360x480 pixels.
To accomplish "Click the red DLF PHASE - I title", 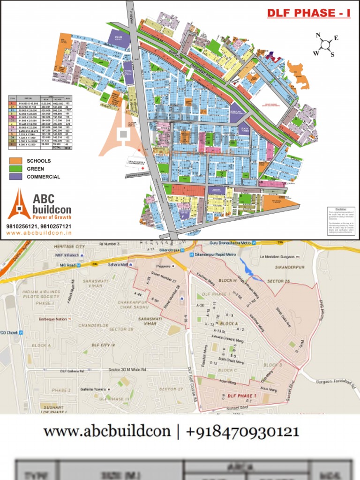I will pyautogui.click(x=308, y=13).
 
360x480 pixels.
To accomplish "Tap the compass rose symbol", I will pyautogui.click(x=324, y=45).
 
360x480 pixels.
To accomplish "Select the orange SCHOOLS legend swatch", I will pyautogui.click(x=16, y=161).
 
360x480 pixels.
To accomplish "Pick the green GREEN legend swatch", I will pyautogui.click(x=16, y=169).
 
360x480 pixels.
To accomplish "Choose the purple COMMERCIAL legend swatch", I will pyautogui.click(x=16, y=177).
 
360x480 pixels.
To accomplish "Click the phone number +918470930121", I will pyautogui.click(x=242, y=432).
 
